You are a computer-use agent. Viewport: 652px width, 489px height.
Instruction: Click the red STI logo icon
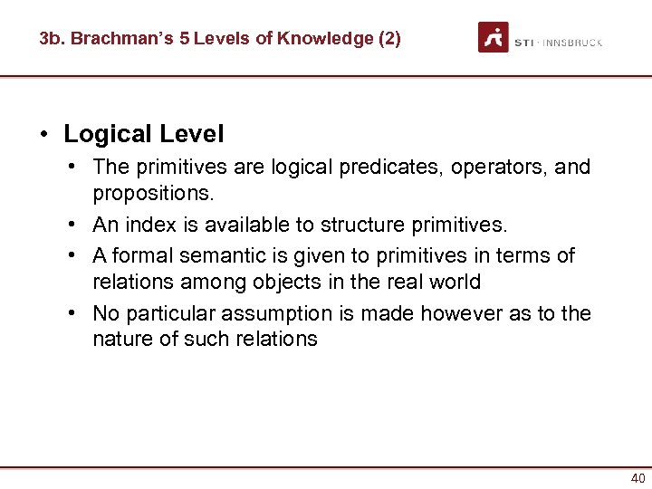click(x=494, y=38)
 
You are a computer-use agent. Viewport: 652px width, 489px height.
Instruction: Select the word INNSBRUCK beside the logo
click(x=572, y=43)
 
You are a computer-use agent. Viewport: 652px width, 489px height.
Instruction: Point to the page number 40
click(x=638, y=478)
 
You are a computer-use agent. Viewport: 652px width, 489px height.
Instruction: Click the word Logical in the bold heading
click(x=108, y=134)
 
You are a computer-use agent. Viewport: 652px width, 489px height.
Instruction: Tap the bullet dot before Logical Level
click(x=43, y=135)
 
